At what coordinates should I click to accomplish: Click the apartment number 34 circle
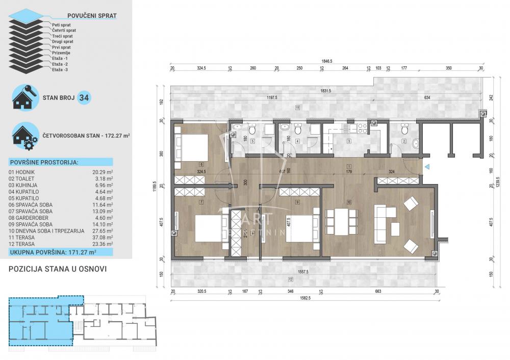[x=84, y=98]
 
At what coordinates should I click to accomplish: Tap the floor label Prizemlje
[x=61, y=53]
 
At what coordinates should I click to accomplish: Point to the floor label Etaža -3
[x=60, y=69]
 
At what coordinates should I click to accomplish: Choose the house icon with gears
[x=24, y=136]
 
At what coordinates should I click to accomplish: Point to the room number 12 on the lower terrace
[x=290, y=279]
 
